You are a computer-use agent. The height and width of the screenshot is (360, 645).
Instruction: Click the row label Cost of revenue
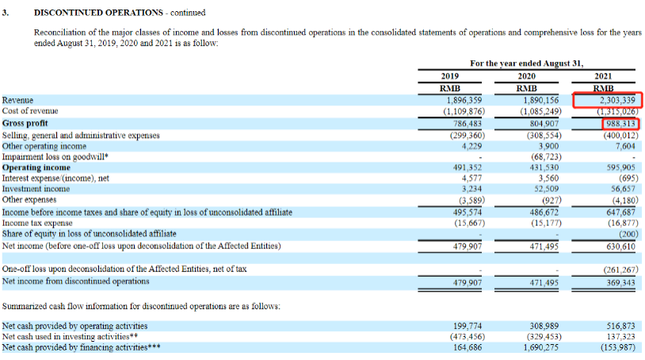tap(30, 112)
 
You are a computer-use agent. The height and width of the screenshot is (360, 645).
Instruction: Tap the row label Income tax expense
tap(36, 224)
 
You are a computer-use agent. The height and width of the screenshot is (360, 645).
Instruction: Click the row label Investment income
tap(36, 190)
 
